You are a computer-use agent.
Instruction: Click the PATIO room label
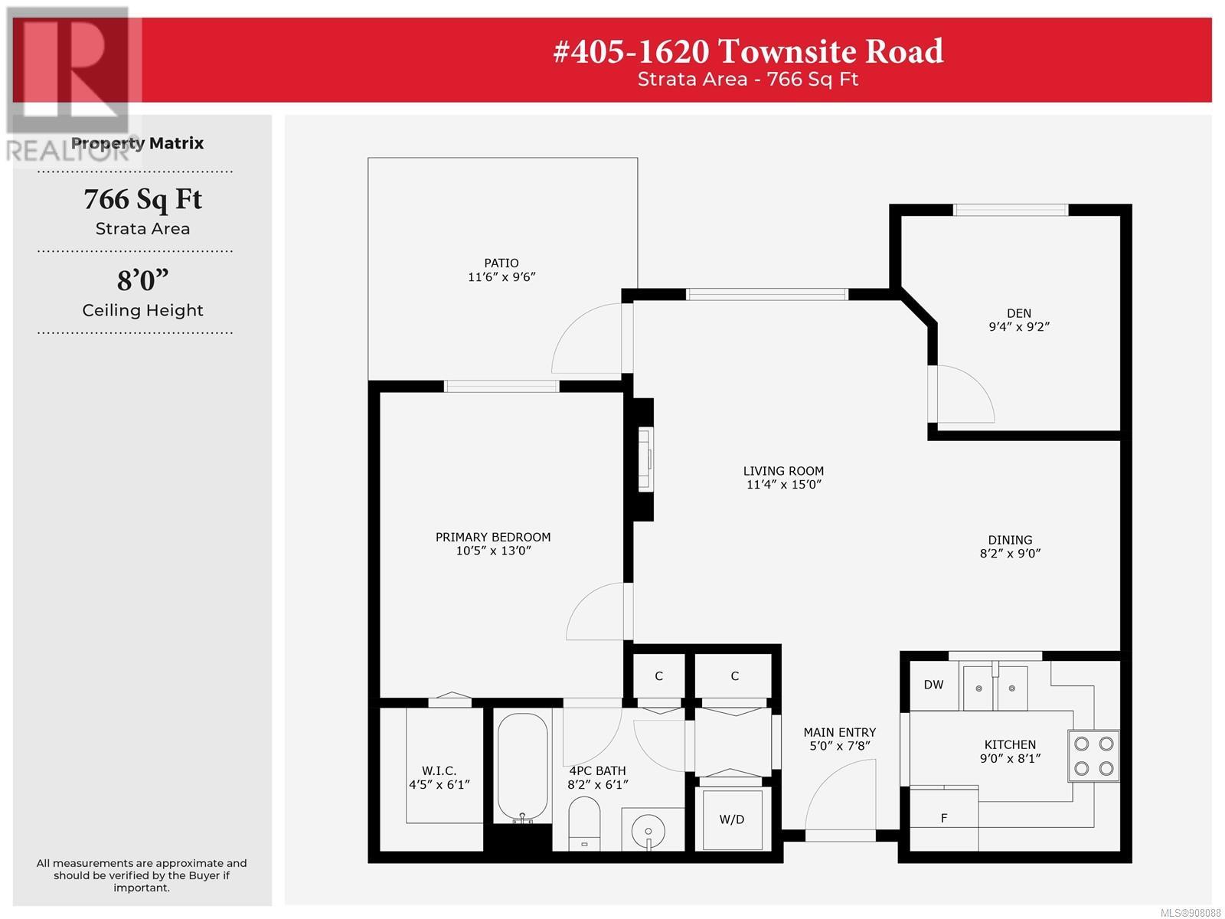pos(501,262)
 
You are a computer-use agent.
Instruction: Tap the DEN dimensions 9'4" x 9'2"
pos(1018,326)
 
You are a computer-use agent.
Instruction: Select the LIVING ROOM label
pos(783,470)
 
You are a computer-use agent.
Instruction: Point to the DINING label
pos(1010,540)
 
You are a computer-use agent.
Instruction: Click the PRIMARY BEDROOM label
pos(493,537)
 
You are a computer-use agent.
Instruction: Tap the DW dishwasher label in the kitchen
pos(933,684)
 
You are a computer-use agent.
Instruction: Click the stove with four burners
pos(1093,756)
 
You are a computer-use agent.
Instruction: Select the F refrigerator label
pos(944,818)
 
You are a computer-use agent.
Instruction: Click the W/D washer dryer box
pos(731,819)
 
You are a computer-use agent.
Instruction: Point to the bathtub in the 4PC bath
pos(522,767)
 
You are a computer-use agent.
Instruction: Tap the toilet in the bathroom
pos(583,823)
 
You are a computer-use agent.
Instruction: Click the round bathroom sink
pos(648,832)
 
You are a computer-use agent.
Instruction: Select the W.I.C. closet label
pos(439,770)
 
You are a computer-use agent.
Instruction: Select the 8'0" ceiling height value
pos(142,280)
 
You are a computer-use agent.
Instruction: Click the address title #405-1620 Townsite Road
pos(748,51)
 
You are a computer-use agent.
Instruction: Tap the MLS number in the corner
pos(1191,913)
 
